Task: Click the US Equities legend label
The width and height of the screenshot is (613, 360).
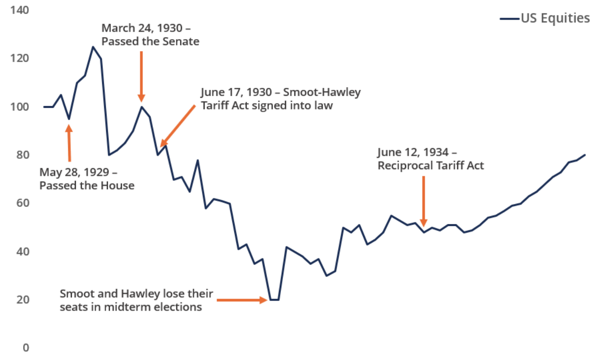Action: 555,18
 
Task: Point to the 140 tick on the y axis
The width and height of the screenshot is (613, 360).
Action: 20,10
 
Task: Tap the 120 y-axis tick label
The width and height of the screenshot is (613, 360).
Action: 20,58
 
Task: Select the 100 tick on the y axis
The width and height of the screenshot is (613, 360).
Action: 20,107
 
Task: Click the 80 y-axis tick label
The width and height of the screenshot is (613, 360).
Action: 23,155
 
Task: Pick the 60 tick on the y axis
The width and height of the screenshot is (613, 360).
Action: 23,203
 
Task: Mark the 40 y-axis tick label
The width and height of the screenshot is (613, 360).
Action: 23,251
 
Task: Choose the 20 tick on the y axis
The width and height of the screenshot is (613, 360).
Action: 23,300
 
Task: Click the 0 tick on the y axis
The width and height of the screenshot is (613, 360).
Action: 26,348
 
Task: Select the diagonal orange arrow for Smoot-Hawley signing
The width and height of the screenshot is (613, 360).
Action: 178,126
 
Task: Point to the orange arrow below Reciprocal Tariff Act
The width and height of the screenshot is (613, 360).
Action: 423,202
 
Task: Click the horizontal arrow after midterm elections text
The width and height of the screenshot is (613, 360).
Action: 242,300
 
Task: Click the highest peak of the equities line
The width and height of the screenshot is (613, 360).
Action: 93,47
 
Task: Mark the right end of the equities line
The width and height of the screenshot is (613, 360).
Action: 585,155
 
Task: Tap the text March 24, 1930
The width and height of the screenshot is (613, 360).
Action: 142,28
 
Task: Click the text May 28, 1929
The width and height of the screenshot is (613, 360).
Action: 74,172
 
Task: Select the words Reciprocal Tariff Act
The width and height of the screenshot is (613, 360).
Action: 431,166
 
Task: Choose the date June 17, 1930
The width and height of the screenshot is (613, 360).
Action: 236,92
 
